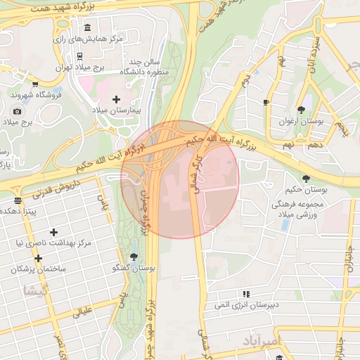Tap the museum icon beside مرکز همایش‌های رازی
click(87, 27)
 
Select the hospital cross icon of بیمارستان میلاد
click(116, 99)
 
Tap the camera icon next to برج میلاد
click(17, 111)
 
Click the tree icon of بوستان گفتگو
click(134, 257)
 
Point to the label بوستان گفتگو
click(134, 269)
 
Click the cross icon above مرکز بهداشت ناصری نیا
click(53, 232)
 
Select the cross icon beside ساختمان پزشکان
click(38, 258)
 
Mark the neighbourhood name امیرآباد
click(260, 342)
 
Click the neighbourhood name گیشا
click(34, 290)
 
